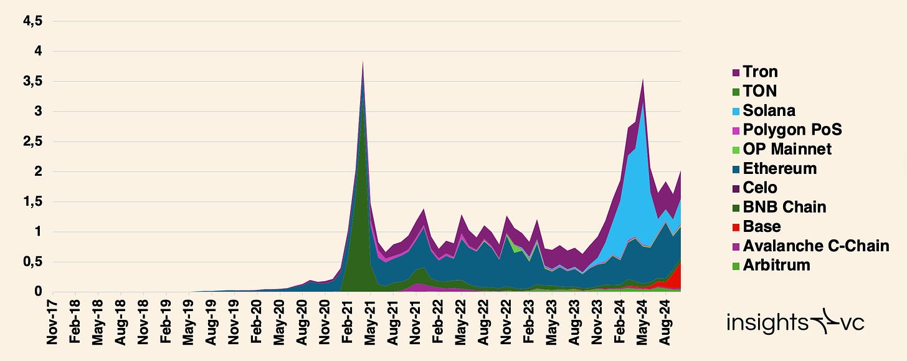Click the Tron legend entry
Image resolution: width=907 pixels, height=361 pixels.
[760, 72]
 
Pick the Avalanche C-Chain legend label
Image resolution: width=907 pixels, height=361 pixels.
[815, 246]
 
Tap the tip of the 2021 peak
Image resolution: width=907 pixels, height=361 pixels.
[363, 62]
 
